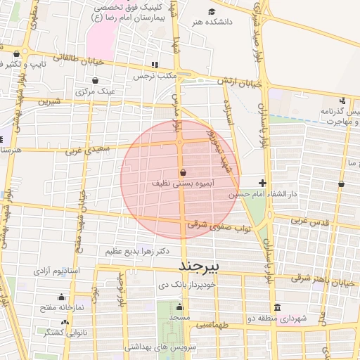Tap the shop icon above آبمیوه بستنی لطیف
point(183,172)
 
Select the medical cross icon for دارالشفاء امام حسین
point(263,183)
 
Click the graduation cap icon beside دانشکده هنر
point(212,11)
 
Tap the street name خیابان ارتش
point(239,82)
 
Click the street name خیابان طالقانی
point(67,57)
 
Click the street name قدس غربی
point(309,220)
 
